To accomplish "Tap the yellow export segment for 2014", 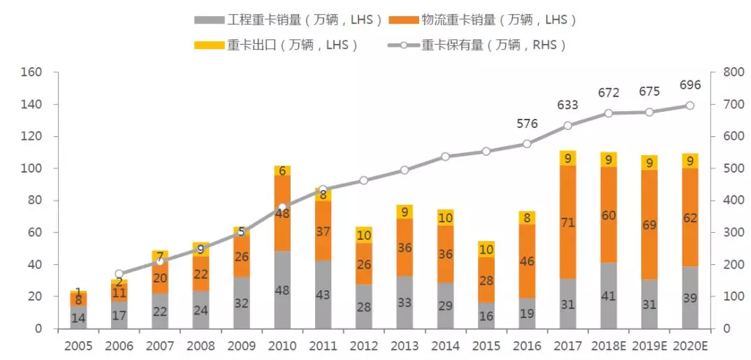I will point(445,217).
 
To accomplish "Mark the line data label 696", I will point(690,85).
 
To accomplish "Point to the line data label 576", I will point(527,124).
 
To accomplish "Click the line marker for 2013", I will point(404,170).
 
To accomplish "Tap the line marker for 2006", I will point(119,274).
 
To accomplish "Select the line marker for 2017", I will point(567,126).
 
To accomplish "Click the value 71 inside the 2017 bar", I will point(567,223).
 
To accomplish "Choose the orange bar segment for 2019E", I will point(649,224).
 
